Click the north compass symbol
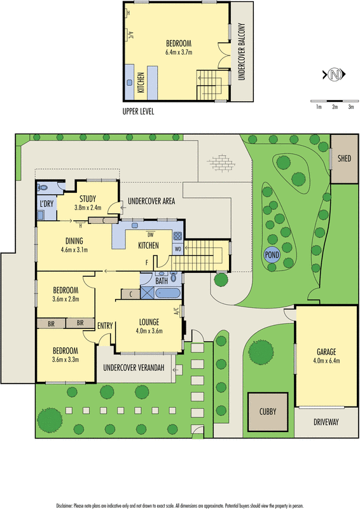click(x=334, y=74)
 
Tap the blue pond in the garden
click(x=272, y=254)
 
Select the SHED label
click(x=344, y=158)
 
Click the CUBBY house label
click(x=268, y=412)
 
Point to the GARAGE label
click(x=326, y=352)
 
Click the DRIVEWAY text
click(x=326, y=422)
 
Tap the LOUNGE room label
click(x=149, y=322)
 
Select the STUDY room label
click(x=88, y=199)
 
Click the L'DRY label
click(x=46, y=204)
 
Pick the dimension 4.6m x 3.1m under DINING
click(x=74, y=250)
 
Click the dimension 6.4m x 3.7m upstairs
click(x=179, y=52)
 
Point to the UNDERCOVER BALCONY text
click(x=241, y=52)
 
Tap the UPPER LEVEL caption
click(x=138, y=112)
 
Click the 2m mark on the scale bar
click(x=335, y=107)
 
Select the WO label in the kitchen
click(x=178, y=249)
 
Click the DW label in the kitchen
click(x=150, y=234)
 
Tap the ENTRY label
click(x=105, y=326)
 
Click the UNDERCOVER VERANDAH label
click(x=134, y=368)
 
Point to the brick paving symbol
click(x=221, y=162)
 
